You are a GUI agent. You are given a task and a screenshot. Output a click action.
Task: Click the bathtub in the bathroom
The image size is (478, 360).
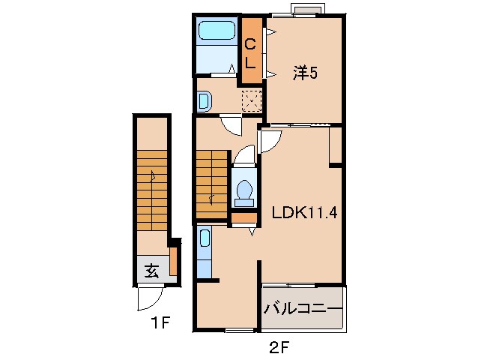(x=217, y=31)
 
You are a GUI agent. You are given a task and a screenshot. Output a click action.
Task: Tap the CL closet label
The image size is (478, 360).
(x=250, y=54)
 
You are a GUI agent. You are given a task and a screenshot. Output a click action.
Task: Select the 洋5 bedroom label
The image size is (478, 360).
(x=305, y=73)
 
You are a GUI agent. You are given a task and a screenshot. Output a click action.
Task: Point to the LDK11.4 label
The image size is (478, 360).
(x=304, y=213)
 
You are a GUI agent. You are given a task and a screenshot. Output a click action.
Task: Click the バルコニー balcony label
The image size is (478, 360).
(x=303, y=309)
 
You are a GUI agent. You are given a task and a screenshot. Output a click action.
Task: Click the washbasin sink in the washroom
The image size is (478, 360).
(x=204, y=101)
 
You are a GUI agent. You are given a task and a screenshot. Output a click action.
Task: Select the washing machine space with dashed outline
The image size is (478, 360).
(x=252, y=100)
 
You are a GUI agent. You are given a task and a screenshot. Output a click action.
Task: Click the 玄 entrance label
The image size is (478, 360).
(x=151, y=270)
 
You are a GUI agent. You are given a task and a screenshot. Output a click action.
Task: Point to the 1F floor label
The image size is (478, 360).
(x=160, y=322)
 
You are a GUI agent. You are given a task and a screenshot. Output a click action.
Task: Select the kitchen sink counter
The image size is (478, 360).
(x=204, y=252)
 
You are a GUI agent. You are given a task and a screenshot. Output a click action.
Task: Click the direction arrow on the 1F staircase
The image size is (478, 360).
(x=152, y=176)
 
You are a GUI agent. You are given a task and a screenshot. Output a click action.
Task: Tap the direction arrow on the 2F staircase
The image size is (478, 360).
(x=211, y=199)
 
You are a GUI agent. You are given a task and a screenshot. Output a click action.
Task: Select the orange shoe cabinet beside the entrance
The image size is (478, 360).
(x=173, y=262)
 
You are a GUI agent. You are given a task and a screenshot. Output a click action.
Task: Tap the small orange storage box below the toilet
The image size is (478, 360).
(x=244, y=217)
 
